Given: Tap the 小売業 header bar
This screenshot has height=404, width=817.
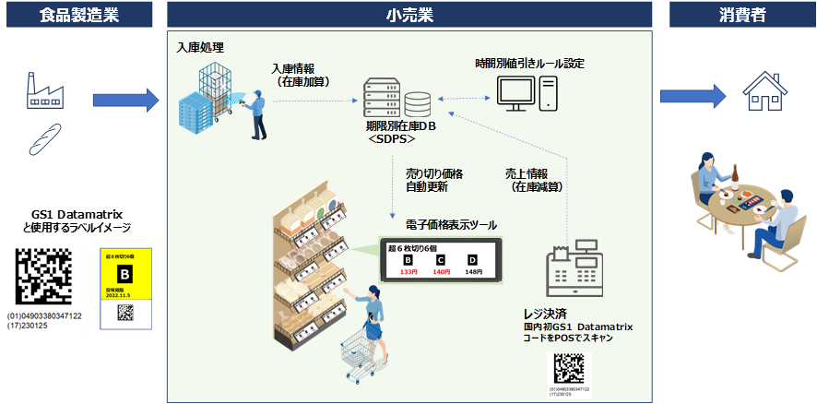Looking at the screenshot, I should coord(410,15).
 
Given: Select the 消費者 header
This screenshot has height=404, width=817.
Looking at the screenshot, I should coord(741,15).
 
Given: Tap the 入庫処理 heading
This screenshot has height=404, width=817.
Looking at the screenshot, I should coord(200,47).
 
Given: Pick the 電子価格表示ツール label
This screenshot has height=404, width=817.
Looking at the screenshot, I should coord(451,225).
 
